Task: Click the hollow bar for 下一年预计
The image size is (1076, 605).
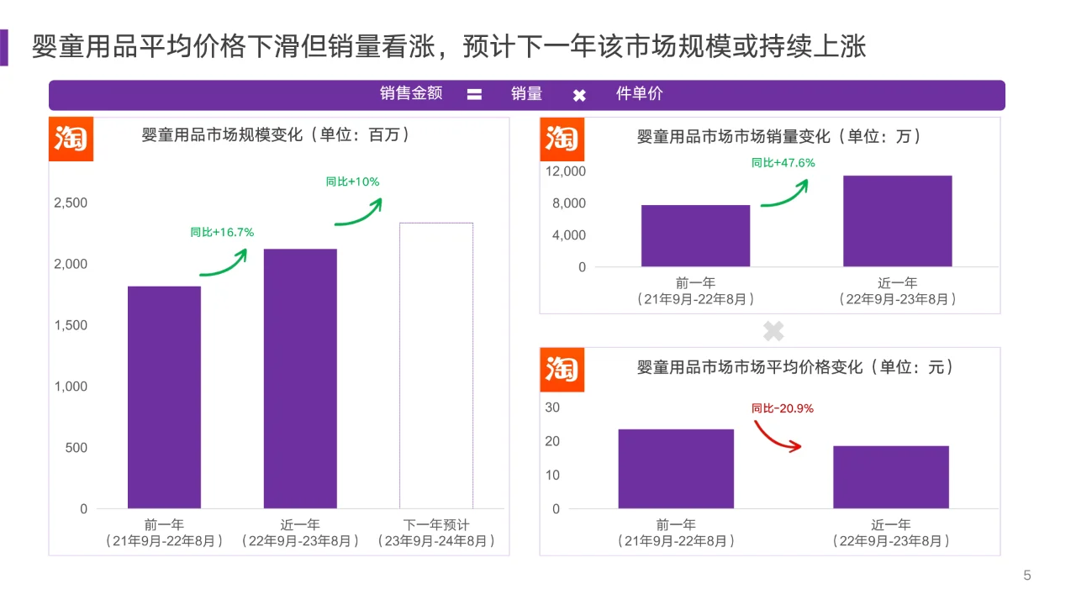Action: [435, 366]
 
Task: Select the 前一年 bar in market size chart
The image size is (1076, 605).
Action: [164, 397]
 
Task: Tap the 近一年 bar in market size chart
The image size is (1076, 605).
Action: [300, 378]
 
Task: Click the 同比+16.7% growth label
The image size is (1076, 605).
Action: [222, 232]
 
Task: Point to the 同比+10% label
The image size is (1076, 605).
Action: [352, 181]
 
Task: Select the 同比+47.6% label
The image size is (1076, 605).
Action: [783, 163]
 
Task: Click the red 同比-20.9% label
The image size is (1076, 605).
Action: [782, 408]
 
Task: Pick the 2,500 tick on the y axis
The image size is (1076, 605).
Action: [71, 203]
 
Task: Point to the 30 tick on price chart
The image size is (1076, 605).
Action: [552, 408]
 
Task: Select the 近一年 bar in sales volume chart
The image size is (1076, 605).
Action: [897, 221]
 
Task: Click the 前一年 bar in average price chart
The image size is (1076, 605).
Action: [676, 468]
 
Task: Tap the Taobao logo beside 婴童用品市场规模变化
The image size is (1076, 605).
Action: [71, 139]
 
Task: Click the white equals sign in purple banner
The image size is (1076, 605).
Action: [474, 95]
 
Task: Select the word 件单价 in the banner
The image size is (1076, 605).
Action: [639, 94]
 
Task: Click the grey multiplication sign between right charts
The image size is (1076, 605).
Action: [773, 331]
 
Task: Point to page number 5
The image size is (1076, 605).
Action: [1026, 576]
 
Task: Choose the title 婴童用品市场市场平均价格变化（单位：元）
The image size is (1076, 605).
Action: [794, 367]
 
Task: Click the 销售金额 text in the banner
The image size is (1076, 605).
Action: [410, 94]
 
